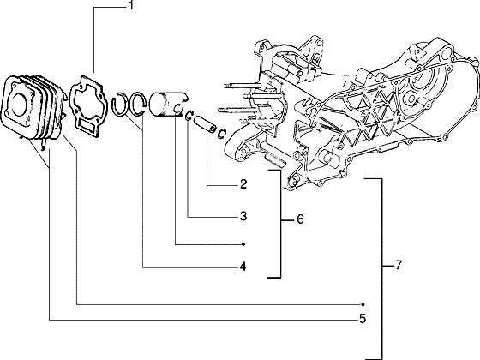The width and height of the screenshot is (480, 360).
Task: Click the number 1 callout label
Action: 131,8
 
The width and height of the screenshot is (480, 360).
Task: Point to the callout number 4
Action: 243,267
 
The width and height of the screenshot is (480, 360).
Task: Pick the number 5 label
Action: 363,320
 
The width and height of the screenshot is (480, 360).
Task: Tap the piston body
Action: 167,104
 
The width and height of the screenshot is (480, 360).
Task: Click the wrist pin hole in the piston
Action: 177,108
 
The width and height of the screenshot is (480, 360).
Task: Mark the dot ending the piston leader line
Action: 243,243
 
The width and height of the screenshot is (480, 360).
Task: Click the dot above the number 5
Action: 363,304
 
